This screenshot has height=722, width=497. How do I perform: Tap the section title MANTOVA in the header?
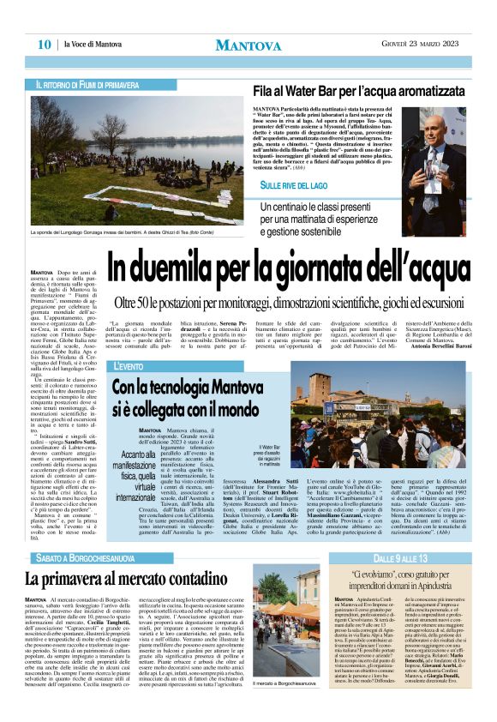point(248,44)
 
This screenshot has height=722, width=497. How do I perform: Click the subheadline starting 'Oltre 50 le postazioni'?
point(299,304)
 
